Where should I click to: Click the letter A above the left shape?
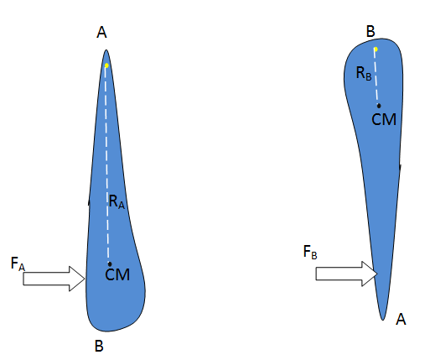101,32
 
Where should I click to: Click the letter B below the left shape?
99,346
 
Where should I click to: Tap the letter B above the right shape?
370,31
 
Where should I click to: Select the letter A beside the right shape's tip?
401,319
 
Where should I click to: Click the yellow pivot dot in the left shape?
106,65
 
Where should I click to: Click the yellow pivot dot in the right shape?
376,50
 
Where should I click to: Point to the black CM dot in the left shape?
110,264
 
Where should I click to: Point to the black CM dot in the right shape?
379,106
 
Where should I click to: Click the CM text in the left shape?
117,274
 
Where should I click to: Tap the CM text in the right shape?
384,119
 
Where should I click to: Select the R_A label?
117,201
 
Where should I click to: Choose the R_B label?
364,73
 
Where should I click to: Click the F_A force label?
18,263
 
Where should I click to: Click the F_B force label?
310,252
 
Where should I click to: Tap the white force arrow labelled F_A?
54,279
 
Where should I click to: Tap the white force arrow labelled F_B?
346,274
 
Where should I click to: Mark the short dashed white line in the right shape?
377,76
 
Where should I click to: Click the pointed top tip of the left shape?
106,50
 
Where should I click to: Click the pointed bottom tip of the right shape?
382,320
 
